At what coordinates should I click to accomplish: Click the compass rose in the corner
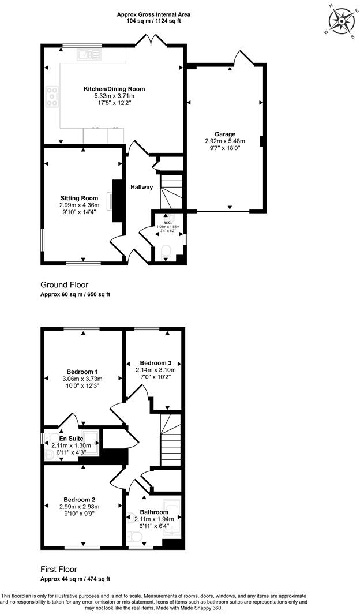[340, 22]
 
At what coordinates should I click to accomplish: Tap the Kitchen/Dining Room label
[114, 89]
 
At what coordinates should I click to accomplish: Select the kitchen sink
[89, 55]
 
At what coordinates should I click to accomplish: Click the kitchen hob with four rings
[52, 96]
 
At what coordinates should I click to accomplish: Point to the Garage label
[224, 133]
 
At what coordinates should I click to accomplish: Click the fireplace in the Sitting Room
[118, 201]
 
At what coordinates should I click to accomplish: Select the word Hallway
[141, 187]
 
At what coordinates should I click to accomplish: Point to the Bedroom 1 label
[82, 371]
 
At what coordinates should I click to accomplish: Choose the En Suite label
[71, 439]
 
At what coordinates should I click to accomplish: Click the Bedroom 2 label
[80, 500]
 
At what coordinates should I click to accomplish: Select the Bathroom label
[154, 512]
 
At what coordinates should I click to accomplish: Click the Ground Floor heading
[65, 284]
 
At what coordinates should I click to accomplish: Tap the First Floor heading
[58, 569]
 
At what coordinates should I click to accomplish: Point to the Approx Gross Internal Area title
[153, 14]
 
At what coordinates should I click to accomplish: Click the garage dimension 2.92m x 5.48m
[224, 141]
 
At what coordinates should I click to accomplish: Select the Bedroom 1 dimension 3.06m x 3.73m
[82, 379]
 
